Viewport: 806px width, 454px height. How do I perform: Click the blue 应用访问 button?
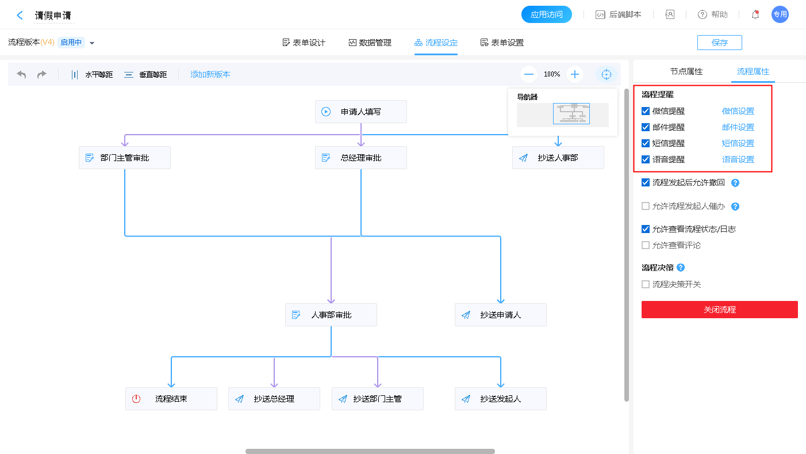pyautogui.click(x=546, y=14)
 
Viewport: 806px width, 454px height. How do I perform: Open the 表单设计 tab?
pyautogui.click(x=304, y=43)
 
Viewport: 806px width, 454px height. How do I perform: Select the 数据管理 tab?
pyautogui.click(x=370, y=43)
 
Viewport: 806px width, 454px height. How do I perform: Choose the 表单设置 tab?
pyautogui.click(x=502, y=43)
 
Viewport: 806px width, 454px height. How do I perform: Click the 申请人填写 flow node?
pyautogui.click(x=360, y=112)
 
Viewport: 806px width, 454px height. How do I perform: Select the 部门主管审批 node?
pyautogui.click(x=124, y=158)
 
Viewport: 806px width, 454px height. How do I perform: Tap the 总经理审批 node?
pyautogui.click(x=360, y=158)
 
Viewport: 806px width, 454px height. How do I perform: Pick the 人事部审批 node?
pyautogui.click(x=331, y=315)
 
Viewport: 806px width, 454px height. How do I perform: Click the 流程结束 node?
pyautogui.click(x=171, y=399)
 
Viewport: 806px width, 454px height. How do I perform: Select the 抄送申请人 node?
pyautogui.click(x=500, y=315)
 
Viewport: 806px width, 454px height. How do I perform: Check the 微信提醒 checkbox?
pyautogui.click(x=646, y=111)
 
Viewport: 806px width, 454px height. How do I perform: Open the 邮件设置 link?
pyautogui.click(x=738, y=127)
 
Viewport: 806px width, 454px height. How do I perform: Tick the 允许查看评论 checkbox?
pyautogui.click(x=646, y=245)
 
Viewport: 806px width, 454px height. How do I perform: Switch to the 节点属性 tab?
pyautogui.click(x=686, y=71)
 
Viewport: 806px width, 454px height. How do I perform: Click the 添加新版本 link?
pyautogui.click(x=210, y=74)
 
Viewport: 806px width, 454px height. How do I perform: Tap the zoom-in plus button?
pyautogui.click(x=574, y=74)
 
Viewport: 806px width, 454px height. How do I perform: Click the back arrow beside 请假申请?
pyautogui.click(x=20, y=16)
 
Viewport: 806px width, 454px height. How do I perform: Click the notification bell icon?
pyautogui.click(x=755, y=15)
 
